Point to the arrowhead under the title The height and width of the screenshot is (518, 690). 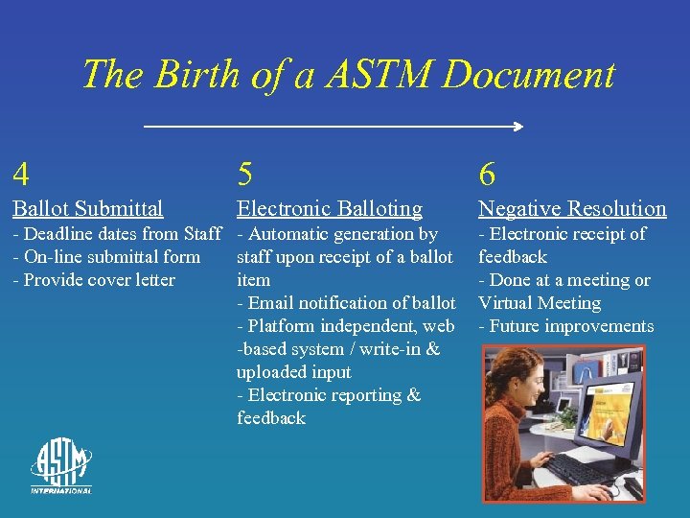pyautogui.click(x=517, y=127)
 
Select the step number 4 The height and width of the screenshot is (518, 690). pyautogui.click(x=20, y=175)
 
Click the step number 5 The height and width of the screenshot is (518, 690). pyautogui.click(x=245, y=175)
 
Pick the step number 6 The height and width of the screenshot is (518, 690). pyautogui.click(x=487, y=175)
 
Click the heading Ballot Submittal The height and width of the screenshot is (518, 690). pyautogui.click(x=87, y=208)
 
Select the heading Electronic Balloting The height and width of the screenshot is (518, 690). pyautogui.click(x=329, y=208)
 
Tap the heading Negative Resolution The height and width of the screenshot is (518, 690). pyautogui.click(x=572, y=208)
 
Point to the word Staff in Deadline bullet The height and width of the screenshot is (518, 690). pyautogui.click(x=202, y=234)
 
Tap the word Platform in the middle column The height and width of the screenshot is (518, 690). pyautogui.click(x=284, y=326)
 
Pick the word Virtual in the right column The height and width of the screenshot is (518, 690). pyautogui.click(x=510, y=303)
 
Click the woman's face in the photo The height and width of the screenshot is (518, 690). pyautogui.click(x=532, y=385)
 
